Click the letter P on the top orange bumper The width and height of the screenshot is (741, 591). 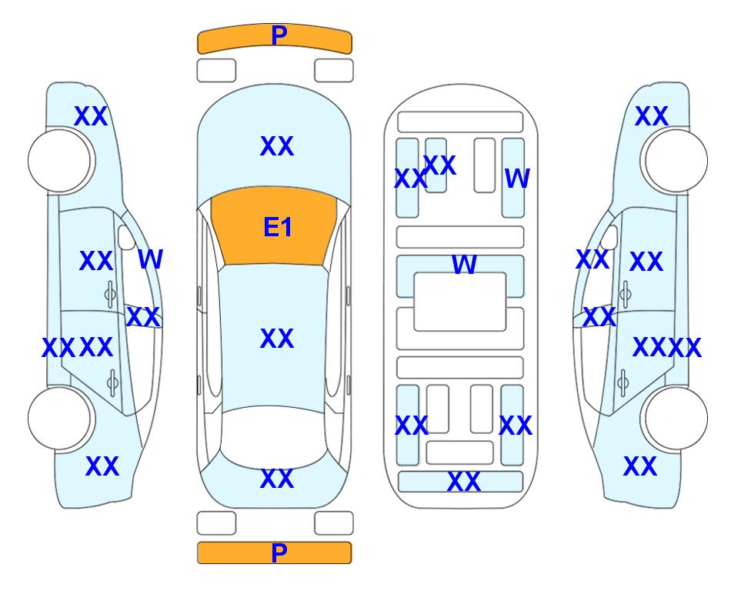pos(279,35)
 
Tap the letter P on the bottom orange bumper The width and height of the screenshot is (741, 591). pos(279,553)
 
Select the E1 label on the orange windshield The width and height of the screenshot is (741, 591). pos(278,227)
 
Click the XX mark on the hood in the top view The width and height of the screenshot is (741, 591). pos(277,146)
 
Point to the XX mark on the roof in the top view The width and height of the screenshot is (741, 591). pos(277,339)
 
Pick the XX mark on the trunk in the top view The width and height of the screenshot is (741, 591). pos(277,479)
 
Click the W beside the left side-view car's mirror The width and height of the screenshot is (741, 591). pos(151,259)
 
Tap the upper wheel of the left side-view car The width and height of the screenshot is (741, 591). pos(61,161)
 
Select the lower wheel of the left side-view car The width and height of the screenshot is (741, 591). pos(61,418)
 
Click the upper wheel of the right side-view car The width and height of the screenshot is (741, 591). pos(675,161)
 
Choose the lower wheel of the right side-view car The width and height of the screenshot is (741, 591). pos(675,418)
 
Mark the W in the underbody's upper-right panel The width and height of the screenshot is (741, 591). pos(517,179)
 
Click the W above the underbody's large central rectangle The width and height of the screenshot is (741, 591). pos(464,264)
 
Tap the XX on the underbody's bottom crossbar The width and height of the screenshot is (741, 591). pos(463,482)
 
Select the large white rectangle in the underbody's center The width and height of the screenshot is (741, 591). pos(460,302)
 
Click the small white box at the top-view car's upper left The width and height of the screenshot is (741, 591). pos(216,71)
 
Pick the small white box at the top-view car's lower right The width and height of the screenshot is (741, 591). pos(334,523)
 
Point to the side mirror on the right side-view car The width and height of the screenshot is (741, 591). pos(609,237)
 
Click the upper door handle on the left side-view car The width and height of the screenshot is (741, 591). pos(110,294)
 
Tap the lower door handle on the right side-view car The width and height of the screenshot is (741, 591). pos(624,383)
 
